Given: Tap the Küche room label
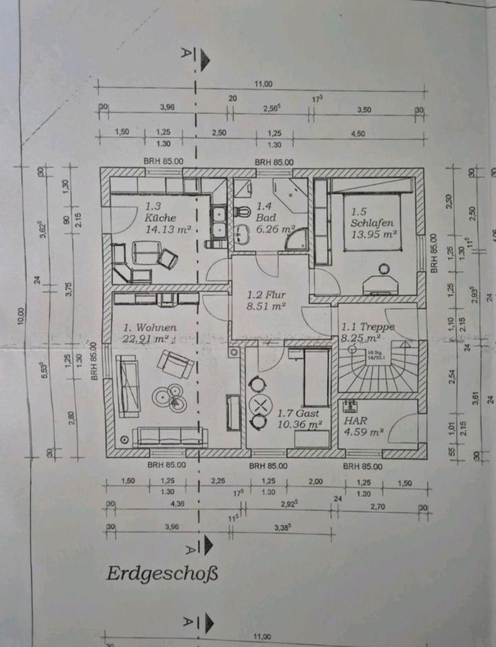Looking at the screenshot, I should pos(160,218).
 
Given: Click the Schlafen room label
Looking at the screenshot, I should pos(371,222).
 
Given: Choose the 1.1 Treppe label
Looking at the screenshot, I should pos(367,327).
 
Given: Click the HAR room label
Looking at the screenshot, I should pos(353,419).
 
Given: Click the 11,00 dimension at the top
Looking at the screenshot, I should pos(263,84).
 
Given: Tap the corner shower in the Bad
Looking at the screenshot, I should pos(294,239).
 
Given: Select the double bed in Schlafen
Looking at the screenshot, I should pos(373,224).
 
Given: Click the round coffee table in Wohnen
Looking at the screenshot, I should pos(169,396).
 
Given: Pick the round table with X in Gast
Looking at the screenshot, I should pos(259,404).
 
